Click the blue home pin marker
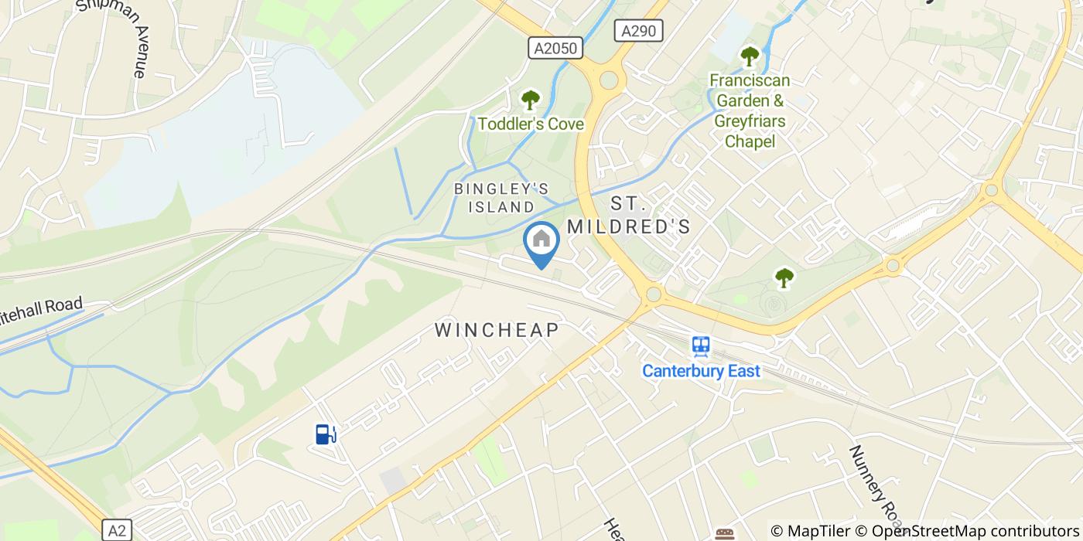pos(541,241)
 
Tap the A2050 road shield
pos(556,49)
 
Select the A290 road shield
pos(639,31)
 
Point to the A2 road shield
pos(116,531)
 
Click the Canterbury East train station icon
pos(702,345)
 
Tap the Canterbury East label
pos(702,371)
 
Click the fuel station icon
pos(325,434)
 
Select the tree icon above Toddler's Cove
pos(530,100)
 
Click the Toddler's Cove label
pos(531,124)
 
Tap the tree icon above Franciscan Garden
pos(749,56)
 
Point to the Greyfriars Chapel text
pos(750,131)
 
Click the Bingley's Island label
pos(502,198)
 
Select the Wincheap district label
pos(497,330)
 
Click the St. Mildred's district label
pos(628,215)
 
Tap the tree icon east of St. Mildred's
pos(784,277)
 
